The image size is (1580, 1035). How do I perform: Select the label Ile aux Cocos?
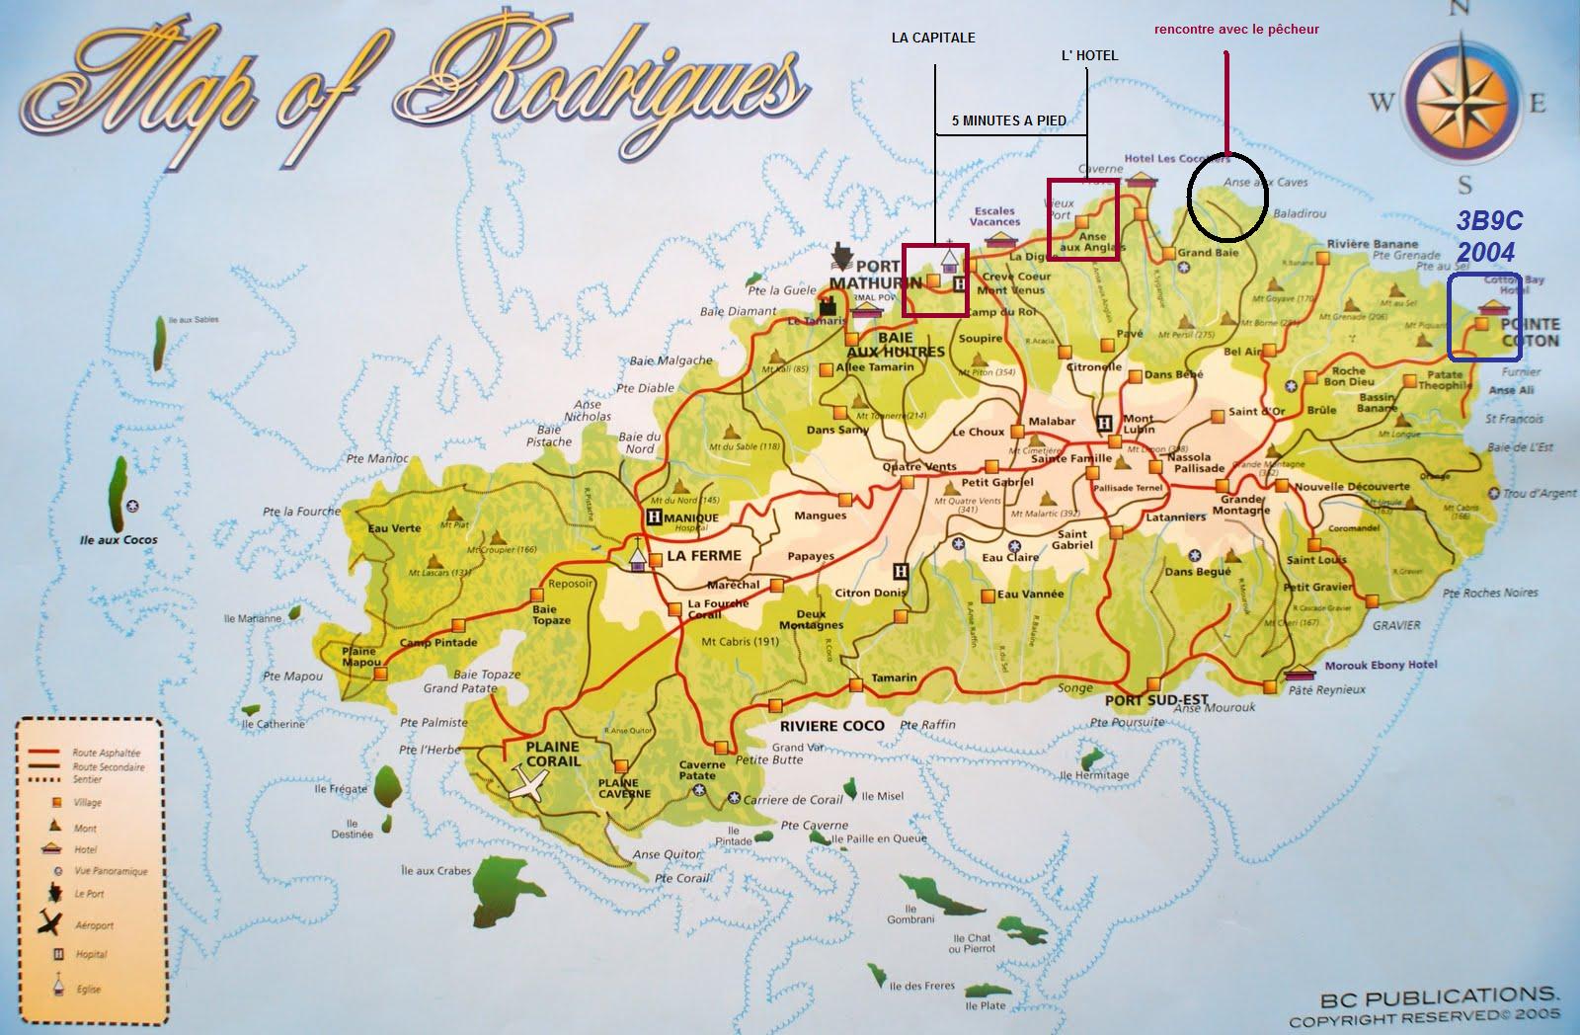click(119, 540)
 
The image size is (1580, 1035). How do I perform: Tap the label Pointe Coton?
click(1530, 333)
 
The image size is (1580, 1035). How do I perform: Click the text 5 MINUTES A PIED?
click(1008, 120)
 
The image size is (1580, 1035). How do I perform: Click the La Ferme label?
click(703, 556)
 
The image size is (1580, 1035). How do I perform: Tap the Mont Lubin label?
click(1138, 426)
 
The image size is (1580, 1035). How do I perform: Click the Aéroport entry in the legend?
click(94, 925)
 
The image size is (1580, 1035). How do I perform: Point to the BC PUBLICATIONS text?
click(1438, 995)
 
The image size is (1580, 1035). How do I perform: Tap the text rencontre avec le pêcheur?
click(1236, 30)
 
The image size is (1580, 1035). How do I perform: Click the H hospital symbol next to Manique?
click(653, 517)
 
